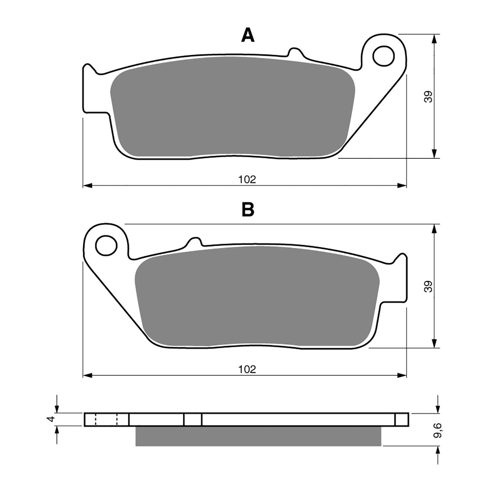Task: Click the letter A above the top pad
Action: click(248, 36)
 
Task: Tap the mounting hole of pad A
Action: click(383, 56)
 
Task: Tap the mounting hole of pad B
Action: click(106, 245)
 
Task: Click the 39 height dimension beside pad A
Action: click(428, 97)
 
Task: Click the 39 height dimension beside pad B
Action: click(428, 286)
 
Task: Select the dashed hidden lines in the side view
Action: click(106, 419)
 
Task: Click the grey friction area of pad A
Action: click(232, 107)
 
